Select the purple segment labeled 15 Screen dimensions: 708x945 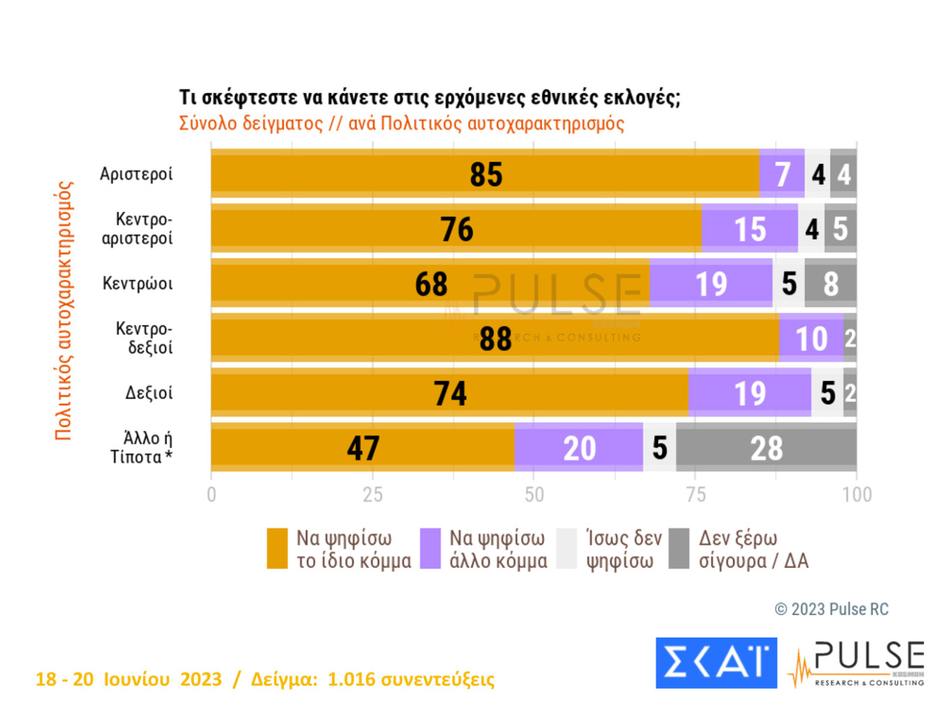click(750, 228)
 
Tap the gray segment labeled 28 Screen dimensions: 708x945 click(766, 448)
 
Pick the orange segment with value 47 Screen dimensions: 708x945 click(363, 448)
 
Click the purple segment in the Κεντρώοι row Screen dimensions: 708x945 click(711, 283)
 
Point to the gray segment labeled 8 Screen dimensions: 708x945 click(830, 283)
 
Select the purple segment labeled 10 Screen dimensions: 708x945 click(811, 338)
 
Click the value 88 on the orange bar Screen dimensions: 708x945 click(495, 339)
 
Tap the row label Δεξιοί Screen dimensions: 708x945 click(149, 393)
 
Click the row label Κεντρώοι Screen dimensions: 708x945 click(138, 283)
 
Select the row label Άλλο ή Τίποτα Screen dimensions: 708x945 click(142, 448)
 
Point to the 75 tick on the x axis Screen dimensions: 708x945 click(696, 494)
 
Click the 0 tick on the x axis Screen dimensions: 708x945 click(211, 494)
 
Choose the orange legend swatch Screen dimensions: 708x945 click(277, 548)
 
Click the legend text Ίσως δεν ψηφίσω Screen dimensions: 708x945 click(623, 549)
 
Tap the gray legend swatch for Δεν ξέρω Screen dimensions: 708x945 click(679, 548)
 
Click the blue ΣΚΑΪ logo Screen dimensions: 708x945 click(716, 662)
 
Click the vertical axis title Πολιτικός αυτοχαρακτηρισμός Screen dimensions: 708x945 click(64, 310)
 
